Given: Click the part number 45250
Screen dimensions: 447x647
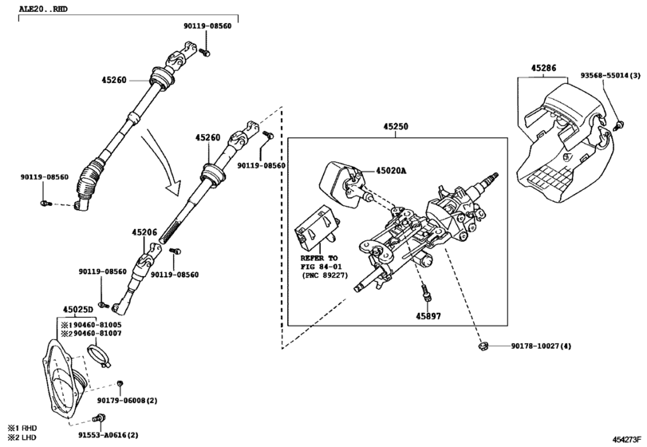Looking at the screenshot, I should pos(396,127).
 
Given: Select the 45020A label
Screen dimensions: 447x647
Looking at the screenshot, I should pos(392,171).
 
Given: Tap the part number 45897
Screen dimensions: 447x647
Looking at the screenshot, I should pos(426,315).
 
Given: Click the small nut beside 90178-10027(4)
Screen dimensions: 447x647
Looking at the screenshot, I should pos(483,346).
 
